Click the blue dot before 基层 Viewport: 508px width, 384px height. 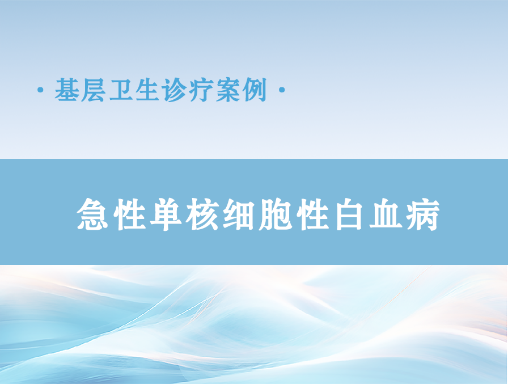(x=40, y=90)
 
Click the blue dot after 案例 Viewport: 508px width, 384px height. (x=282, y=90)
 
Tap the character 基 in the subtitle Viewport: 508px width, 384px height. (x=67, y=90)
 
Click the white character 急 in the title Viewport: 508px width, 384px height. (x=92, y=214)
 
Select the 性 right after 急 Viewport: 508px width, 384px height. (x=129, y=214)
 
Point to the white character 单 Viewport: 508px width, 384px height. (x=166, y=214)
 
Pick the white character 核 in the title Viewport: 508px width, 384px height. (x=203, y=214)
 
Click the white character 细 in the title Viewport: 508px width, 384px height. (x=239, y=215)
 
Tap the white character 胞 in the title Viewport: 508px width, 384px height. (x=276, y=214)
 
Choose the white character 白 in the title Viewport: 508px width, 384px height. (x=349, y=214)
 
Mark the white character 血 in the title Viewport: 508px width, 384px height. (x=386, y=215)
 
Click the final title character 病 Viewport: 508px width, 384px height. (x=423, y=214)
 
